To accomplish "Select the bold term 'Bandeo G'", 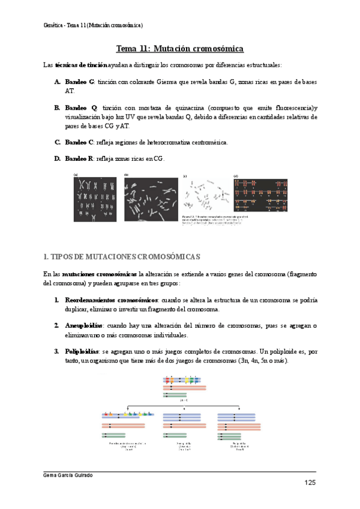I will tap(79, 81).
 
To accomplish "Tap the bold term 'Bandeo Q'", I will tap(79, 107).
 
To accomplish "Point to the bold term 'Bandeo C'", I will tap(79, 142).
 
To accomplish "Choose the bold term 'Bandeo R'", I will tap(79, 158).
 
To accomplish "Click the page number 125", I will tap(310, 483).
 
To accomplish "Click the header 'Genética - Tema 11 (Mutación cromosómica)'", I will tap(94, 25).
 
